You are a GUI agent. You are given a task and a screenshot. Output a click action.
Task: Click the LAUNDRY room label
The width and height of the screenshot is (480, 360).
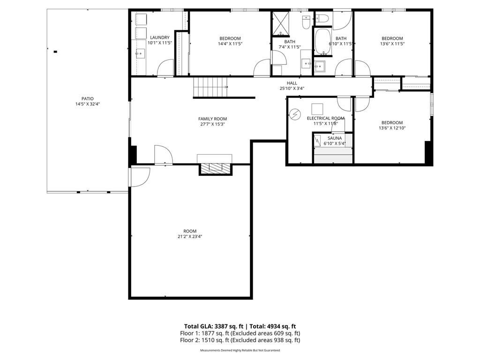click(159, 37)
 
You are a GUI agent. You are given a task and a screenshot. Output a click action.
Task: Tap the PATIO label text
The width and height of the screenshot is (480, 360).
click(88, 98)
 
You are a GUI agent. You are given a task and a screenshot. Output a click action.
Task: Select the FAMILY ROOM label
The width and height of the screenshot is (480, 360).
click(212, 119)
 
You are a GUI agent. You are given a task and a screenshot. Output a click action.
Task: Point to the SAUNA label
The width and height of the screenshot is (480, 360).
click(335, 138)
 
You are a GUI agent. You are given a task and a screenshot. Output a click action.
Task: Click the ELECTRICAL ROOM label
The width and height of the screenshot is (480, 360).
click(325, 118)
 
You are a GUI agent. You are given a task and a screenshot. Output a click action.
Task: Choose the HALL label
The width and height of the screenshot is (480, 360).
click(292, 83)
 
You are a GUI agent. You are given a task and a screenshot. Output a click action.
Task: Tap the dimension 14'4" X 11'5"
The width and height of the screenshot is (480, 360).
click(230, 44)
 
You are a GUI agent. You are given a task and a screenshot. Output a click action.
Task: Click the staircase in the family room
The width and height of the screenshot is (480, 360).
click(210, 88)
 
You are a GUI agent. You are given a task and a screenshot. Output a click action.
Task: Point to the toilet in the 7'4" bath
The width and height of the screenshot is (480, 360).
click(306, 21)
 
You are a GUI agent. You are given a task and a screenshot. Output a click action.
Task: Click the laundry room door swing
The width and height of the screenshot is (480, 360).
click(165, 68)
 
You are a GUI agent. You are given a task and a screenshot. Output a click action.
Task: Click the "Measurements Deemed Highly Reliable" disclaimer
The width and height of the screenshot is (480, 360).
click(240, 351)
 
